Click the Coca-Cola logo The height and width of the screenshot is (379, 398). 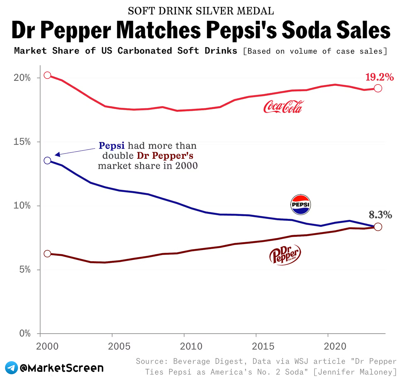pyautogui.click(x=283, y=107)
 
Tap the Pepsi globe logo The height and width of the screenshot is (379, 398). pyautogui.click(x=300, y=204)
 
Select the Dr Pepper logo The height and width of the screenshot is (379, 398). pyautogui.click(x=285, y=255)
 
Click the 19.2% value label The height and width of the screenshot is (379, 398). pyautogui.click(x=379, y=77)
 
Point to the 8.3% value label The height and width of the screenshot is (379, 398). pyautogui.click(x=380, y=215)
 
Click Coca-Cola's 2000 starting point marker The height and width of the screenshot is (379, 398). pyautogui.click(x=47, y=75)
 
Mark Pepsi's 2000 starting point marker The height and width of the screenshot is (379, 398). pyautogui.click(x=47, y=160)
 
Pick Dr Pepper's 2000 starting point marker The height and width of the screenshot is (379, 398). pyautogui.click(x=47, y=254)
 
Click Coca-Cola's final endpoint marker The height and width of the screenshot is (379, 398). pyautogui.click(x=378, y=88)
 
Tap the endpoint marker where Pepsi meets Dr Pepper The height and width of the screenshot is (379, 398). pyautogui.click(x=378, y=227)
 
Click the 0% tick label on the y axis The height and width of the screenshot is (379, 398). pyautogui.click(x=25, y=334)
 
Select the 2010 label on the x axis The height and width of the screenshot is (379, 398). pyautogui.click(x=191, y=347)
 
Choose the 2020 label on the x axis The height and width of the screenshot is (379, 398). pyautogui.click(x=335, y=347)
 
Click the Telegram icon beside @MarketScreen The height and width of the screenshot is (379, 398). pyautogui.click(x=12, y=368)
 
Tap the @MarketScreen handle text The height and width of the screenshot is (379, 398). pyautogui.click(x=62, y=368)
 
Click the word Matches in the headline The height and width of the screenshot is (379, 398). pyautogui.click(x=159, y=31)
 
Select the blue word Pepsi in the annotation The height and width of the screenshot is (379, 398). pyautogui.click(x=112, y=146)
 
